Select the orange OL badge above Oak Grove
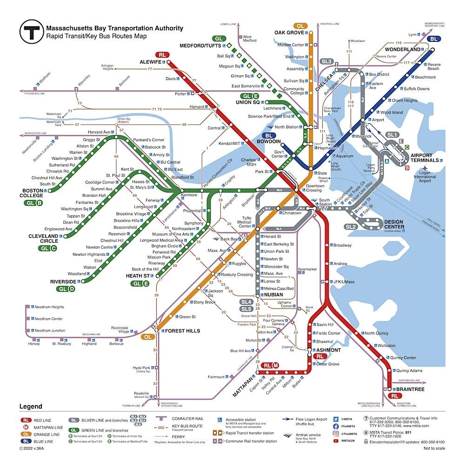click(x=300, y=26)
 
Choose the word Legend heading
click(x=31, y=407)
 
